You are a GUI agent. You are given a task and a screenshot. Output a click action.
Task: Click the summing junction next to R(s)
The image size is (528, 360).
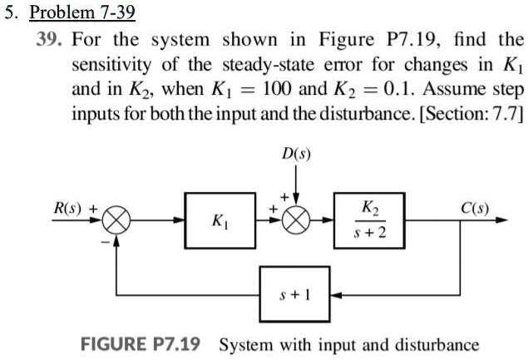[x=116, y=221]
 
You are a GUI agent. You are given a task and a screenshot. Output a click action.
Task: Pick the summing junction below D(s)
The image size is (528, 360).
[x=297, y=221]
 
